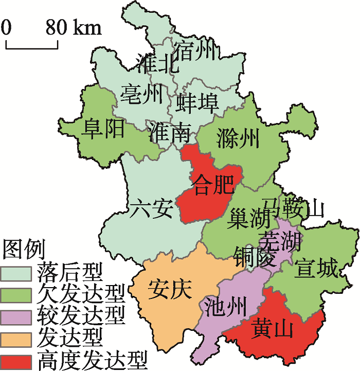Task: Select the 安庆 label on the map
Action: (x=170, y=290)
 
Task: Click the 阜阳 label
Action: (x=103, y=128)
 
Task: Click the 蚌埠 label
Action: (x=197, y=102)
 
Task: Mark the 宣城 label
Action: (x=316, y=268)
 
